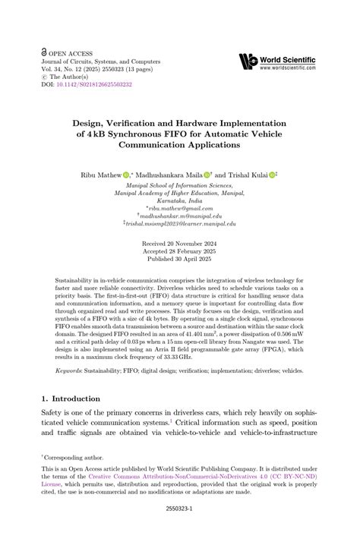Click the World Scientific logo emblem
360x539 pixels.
click(248, 60)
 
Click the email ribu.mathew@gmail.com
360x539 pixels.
click(181, 207)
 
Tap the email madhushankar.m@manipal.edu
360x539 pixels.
click(181, 216)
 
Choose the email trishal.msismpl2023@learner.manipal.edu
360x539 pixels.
click(181, 225)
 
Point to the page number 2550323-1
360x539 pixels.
click(179, 511)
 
